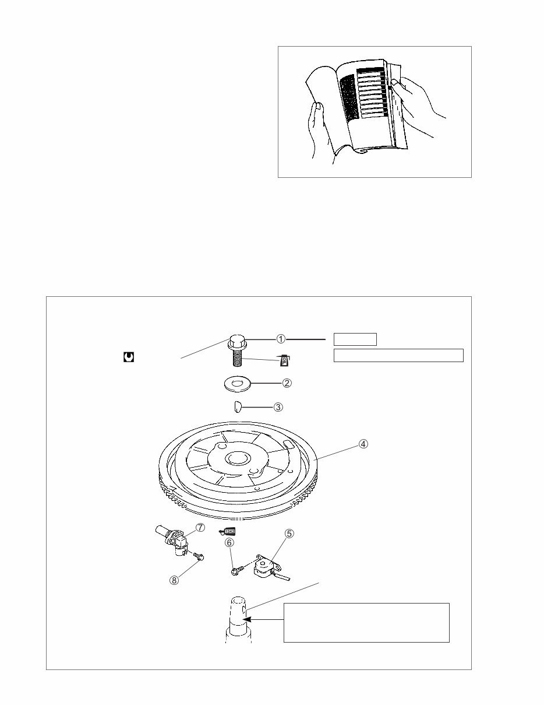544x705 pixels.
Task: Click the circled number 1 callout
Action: coord(281,338)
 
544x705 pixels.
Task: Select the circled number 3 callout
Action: coord(278,407)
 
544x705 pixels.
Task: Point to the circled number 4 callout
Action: coord(363,444)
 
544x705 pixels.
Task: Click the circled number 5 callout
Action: coord(289,533)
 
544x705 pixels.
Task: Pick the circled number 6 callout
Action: coord(229,542)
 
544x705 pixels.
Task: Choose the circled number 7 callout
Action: coord(200,528)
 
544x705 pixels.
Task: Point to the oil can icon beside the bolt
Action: coord(284,361)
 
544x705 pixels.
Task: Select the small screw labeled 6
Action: coord(234,572)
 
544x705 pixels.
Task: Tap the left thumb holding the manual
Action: coord(317,107)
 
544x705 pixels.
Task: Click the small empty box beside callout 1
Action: coord(355,339)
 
